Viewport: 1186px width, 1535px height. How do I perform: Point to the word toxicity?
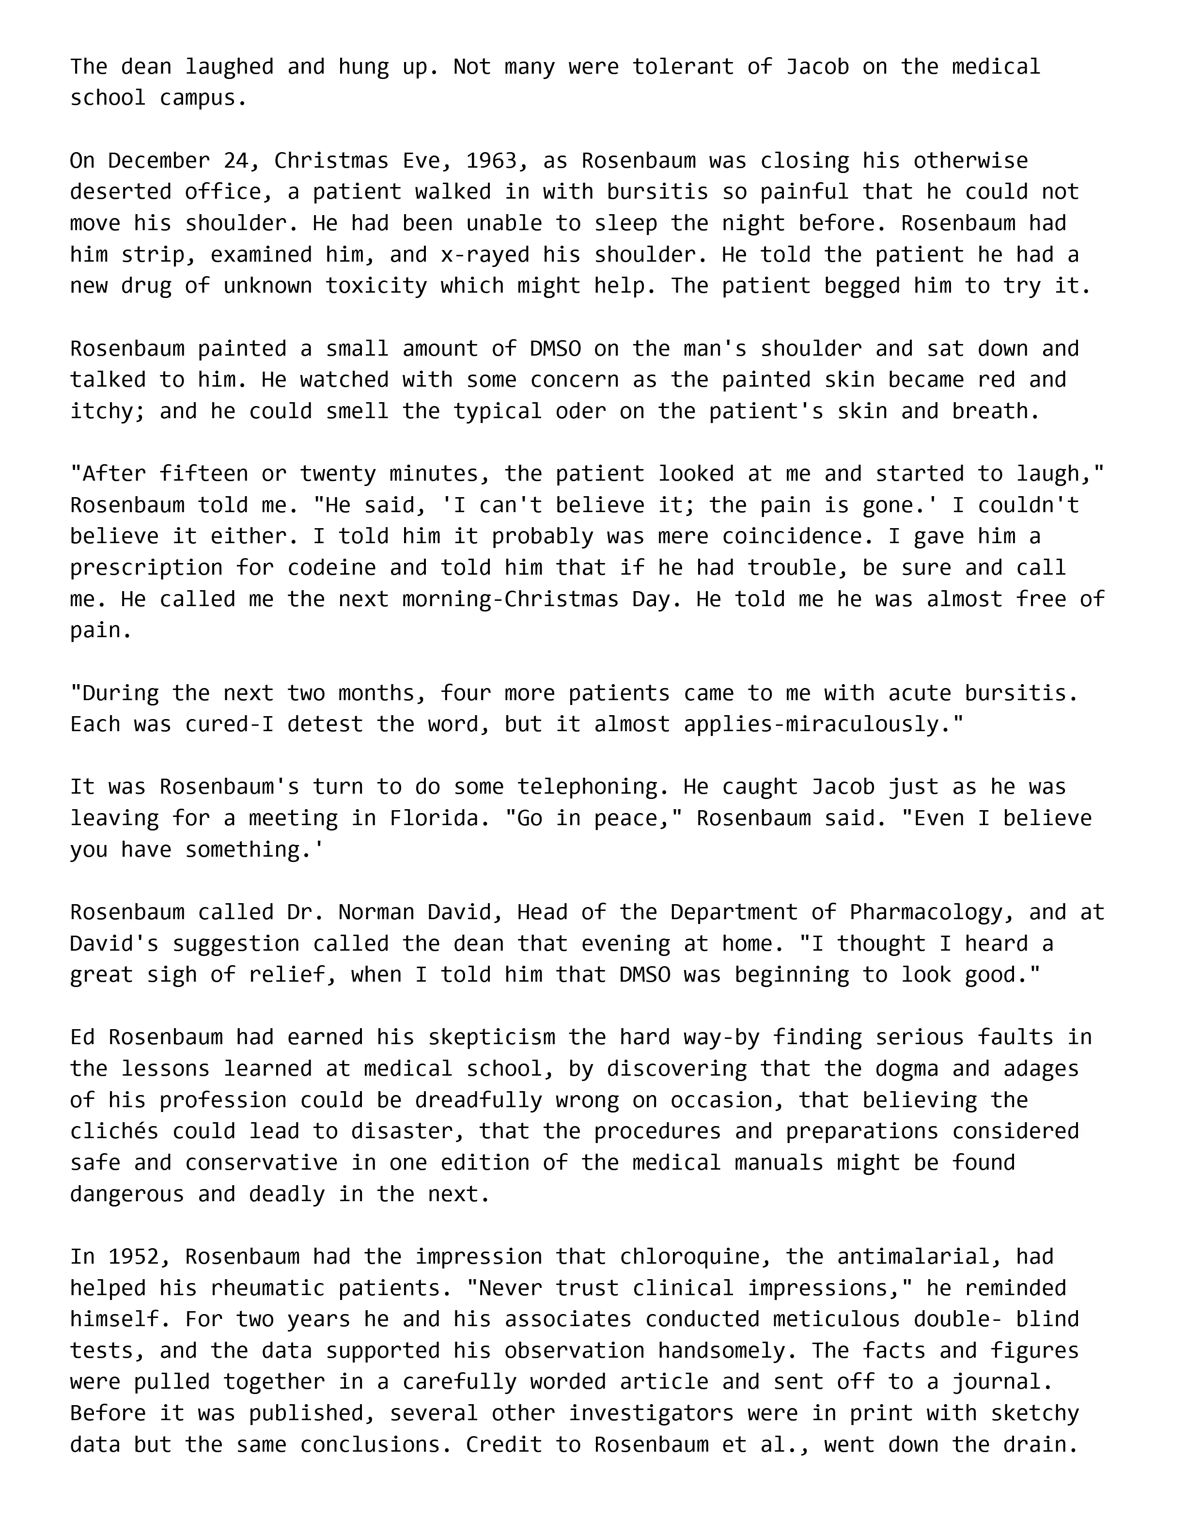click(x=376, y=286)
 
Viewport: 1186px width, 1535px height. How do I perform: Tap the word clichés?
click(x=114, y=1131)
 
